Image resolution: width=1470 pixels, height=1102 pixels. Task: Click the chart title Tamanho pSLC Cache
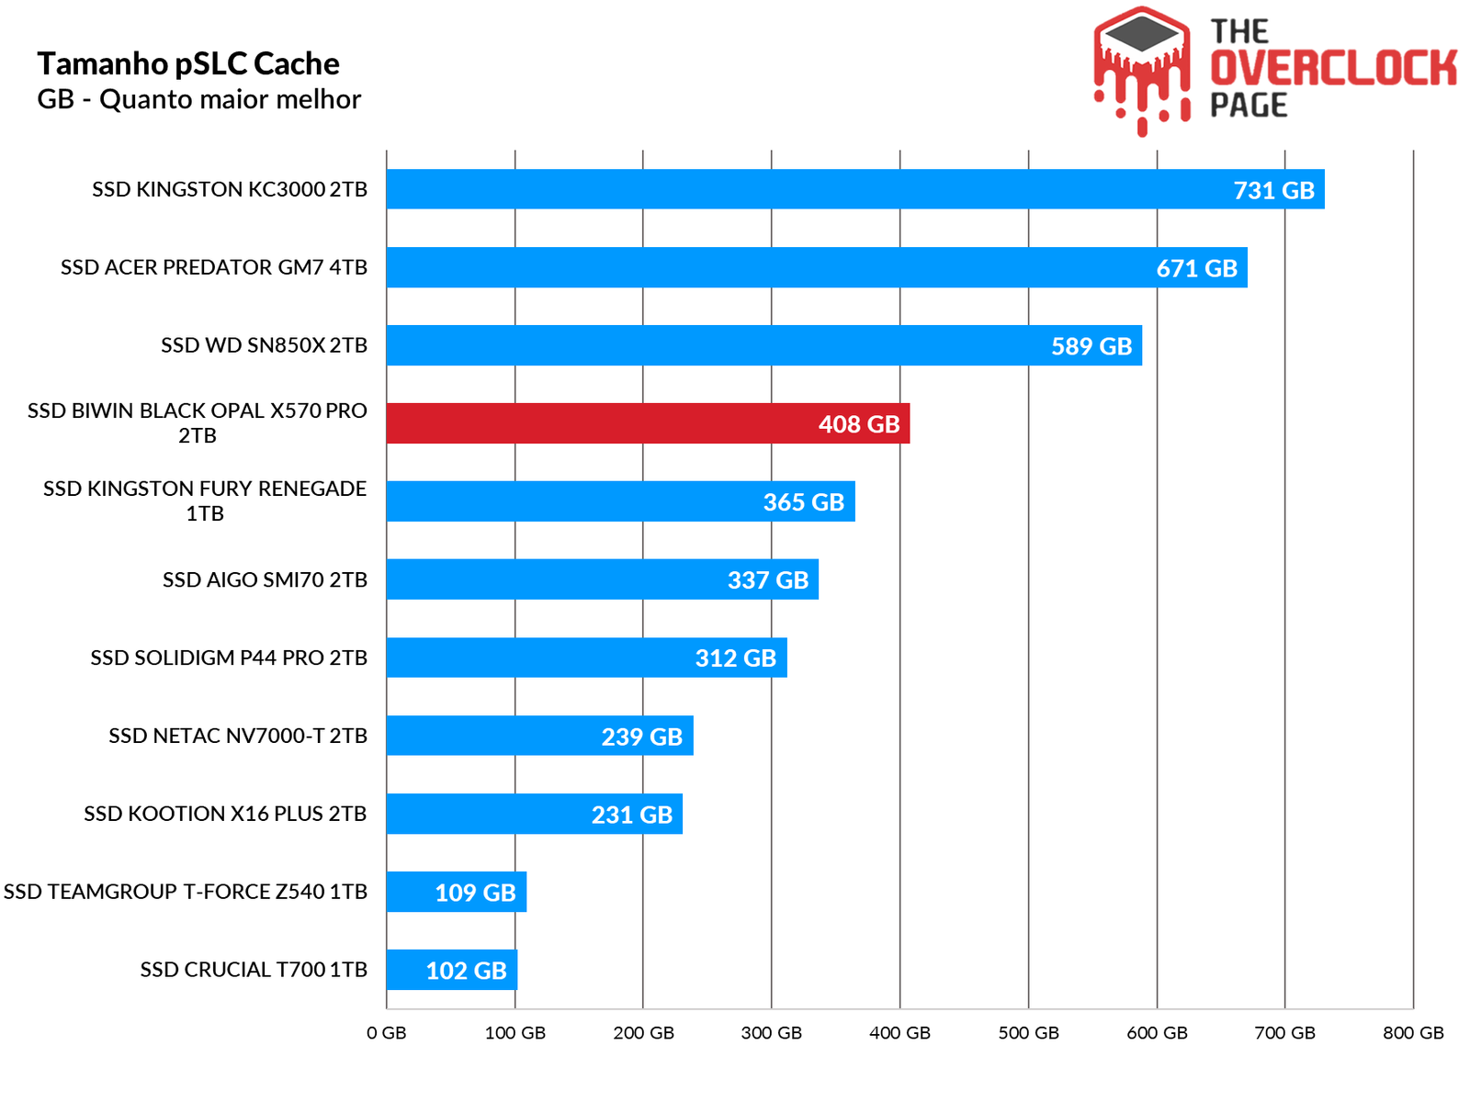[x=188, y=63]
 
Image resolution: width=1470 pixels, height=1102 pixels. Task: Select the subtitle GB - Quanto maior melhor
[x=198, y=99]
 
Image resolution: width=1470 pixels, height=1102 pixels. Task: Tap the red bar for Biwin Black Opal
[x=597, y=423]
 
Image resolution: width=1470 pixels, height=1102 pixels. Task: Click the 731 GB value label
[x=1273, y=190]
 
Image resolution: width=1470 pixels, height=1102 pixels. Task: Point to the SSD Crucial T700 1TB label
[x=254, y=970]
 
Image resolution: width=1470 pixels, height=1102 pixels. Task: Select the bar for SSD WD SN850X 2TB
[x=717, y=345]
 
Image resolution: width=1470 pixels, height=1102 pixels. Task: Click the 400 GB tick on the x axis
[x=899, y=1032]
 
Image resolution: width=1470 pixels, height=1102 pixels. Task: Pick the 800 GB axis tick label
[x=1413, y=1032]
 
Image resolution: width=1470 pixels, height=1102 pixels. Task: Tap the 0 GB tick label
[x=386, y=1032]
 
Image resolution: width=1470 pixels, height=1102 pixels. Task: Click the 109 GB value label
[x=475, y=893]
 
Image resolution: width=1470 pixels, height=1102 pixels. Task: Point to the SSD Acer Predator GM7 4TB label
[x=214, y=267]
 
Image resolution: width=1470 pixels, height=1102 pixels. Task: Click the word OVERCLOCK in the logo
[x=1333, y=68]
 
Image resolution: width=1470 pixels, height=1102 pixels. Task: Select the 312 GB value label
[x=735, y=658]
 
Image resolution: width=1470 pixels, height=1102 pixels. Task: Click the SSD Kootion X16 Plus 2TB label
[x=225, y=814]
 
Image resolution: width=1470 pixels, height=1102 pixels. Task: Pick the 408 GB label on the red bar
[x=858, y=424]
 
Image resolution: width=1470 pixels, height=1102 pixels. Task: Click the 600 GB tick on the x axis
[x=1157, y=1032]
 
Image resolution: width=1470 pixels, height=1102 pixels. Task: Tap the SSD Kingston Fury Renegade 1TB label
[x=205, y=500]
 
